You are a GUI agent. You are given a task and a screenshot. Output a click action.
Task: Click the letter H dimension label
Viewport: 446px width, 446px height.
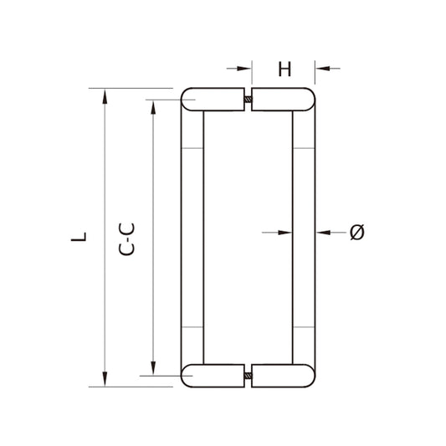click(285, 69)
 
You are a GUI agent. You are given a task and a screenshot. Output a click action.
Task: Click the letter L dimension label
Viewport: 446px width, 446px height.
click(79, 237)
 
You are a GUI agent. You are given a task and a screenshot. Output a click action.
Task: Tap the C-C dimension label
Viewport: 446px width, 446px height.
click(126, 239)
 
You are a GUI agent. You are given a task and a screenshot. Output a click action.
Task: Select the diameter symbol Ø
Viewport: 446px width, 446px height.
click(357, 232)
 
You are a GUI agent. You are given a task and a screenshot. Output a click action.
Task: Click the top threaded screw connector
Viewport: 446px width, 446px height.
click(248, 100)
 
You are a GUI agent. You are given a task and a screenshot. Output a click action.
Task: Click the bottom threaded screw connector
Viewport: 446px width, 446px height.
click(248, 376)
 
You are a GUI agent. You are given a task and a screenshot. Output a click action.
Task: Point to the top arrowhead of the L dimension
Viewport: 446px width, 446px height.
click(105, 96)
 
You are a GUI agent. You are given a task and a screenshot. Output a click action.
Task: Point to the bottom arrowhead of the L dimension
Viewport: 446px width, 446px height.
click(105, 379)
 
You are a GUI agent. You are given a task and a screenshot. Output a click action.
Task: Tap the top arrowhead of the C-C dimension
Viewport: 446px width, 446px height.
click(153, 107)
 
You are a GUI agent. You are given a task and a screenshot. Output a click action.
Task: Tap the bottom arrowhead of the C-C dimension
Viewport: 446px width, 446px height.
click(153, 368)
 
